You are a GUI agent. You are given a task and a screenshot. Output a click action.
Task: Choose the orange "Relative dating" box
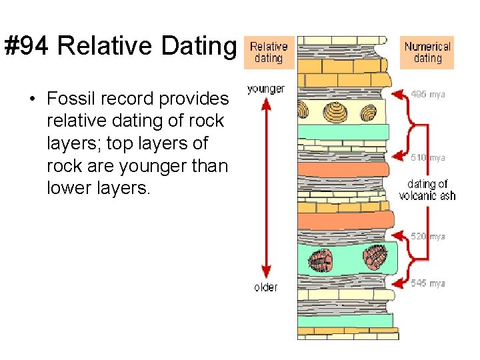point(269,52)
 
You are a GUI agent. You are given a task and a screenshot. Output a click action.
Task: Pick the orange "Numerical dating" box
point(427,53)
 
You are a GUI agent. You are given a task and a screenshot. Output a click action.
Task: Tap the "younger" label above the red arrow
point(265,89)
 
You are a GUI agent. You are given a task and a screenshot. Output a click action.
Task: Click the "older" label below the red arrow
point(265,287)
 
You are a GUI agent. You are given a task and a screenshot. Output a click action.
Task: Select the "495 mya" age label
point(427,95)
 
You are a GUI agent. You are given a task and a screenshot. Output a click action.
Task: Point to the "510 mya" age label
point(427,158)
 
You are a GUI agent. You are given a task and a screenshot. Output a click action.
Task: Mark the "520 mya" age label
point(427,236)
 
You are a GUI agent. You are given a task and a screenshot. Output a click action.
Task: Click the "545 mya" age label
point(427,283)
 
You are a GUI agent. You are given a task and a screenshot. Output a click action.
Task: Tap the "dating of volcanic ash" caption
point(427,189)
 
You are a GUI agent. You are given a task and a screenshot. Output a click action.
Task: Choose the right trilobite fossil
point(375,255)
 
